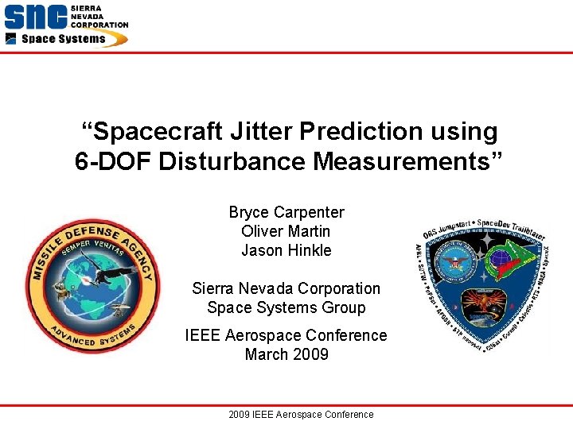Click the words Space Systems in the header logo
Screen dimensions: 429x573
point(64,39)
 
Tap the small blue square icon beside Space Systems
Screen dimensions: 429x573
point(11,39)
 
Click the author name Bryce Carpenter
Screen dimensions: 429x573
point(286,212)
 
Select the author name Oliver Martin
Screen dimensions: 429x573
point(286,231)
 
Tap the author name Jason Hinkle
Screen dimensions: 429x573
point(286,250)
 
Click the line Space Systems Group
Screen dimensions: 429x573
point(286,307)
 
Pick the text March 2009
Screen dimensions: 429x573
point(286,354)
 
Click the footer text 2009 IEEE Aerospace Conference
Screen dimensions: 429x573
point(300,414)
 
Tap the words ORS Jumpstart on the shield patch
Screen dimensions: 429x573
point(444,226)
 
